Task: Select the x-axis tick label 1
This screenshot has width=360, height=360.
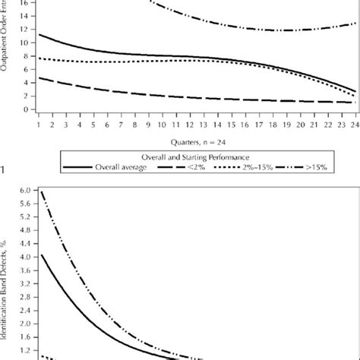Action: (x=39, y=123)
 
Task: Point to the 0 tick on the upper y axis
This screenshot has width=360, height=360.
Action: (x=27, y=109)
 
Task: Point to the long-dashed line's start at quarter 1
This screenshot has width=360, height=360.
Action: (x=39, y=77)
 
